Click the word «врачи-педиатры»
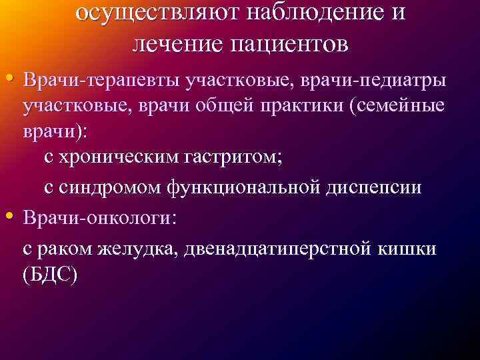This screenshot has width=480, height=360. coord(370,80)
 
